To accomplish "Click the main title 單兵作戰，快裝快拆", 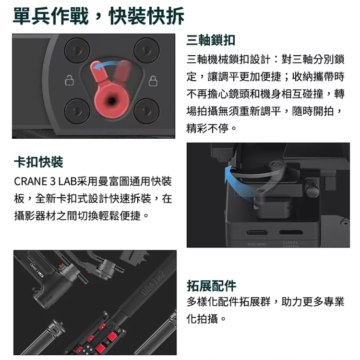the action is click(99, 16).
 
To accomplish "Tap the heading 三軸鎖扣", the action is click(211, 40).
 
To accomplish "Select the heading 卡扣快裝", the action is click(38, 162).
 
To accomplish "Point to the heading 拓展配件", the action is click(212, 286).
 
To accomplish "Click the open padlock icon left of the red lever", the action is click(69, 80).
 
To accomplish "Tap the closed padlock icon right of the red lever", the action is click(153, 81).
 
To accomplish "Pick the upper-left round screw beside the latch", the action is click(77, 50).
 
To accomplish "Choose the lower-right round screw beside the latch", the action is click(146, 111).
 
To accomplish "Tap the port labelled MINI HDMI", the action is click(257, 232).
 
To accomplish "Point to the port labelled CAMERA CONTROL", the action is click(291, 232).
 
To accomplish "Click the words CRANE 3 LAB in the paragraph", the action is click(45, 181).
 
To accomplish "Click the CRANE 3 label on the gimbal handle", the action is click(37, 269).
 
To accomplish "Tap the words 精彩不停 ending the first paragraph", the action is click(207, 128).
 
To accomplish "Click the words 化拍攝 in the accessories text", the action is click(202, 319).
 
